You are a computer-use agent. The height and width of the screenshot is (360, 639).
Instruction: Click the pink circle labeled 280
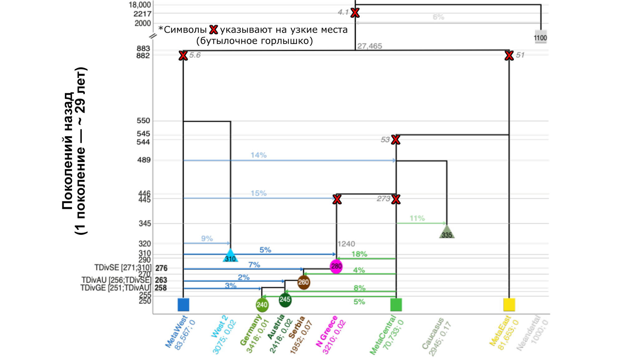click(336, 266)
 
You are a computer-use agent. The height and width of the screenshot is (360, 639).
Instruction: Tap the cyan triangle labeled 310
click(230, 256)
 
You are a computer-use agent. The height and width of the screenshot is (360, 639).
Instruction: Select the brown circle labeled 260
click(304, 282)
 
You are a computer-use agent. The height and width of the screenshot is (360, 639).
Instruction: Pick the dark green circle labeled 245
click(285, 299)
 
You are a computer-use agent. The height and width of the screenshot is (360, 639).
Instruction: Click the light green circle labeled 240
click(262, 305)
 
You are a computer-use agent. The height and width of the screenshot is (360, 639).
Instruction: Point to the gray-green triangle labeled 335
click(447, 233)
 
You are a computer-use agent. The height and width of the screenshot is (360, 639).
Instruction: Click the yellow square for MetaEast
click(509, 305)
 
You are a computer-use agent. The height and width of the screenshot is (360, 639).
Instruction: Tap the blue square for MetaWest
click(183, 305)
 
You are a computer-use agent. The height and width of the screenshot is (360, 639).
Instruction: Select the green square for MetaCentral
click(396, 305)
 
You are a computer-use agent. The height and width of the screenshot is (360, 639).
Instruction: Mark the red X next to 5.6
click(183, 56)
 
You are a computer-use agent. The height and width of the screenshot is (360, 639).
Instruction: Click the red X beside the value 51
click(509, 56)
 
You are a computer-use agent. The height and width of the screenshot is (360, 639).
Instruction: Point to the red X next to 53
click(396, 140)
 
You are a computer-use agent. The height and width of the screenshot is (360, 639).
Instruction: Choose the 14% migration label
click(259, 155)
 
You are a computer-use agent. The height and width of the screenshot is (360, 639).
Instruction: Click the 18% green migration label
click(359, 254)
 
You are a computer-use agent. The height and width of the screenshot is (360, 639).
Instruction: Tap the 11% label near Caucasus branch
click(417, 218)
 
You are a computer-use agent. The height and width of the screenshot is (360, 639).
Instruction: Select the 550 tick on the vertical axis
click(144, 121)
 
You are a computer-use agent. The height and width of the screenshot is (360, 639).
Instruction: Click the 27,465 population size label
click(370, 46)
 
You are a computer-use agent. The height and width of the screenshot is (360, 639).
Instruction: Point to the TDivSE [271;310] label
click(123, 268)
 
